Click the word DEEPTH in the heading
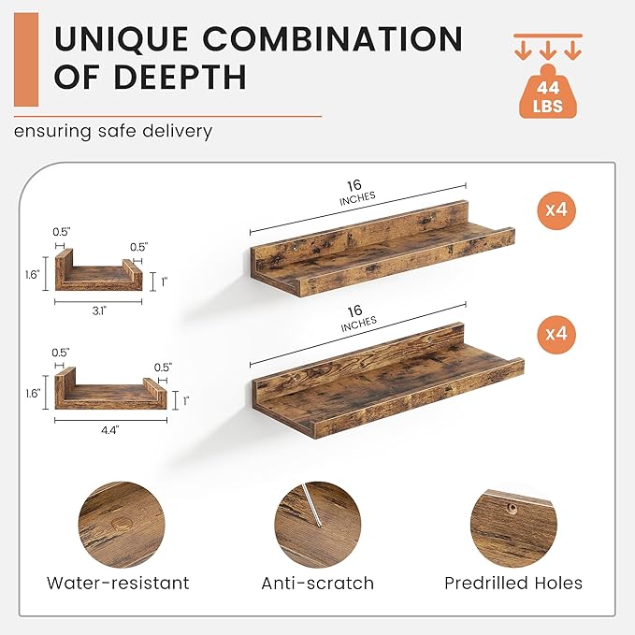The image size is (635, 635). pyautogui.click(x=180, y=76)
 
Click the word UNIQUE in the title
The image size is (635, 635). pyautogui.click(x=121, y=38)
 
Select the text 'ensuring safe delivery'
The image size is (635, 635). pyautogui.click(x=113, y=131)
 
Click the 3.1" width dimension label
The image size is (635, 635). pyautogui.click(x=99, y=311)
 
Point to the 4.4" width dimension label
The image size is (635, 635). pyautogui.click(x=110, y=429)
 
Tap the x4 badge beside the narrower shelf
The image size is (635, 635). pyautogui.click(x=556, y=209)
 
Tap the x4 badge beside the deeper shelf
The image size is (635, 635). pyautogui.click(x=556, y=334)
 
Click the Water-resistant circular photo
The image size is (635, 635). pyautogui.click(x=122, y=525)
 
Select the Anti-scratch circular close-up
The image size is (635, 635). pyautogui.click(x=318, y=525)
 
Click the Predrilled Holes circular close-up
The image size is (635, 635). pyautogui.click(x=513, y=525)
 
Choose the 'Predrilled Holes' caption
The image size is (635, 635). pyautogui.click(x=513, y=584)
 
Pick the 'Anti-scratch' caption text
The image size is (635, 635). pyautogui.click(x=318, y=584)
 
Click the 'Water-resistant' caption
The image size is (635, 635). pyautogui.click(x=118, y=584)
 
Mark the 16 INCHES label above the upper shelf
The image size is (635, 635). pyautogui.click(x=356, y=193)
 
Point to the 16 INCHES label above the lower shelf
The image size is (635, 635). pyautogui.click(x=357, y=318)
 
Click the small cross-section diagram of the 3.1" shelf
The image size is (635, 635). pyautogui.click(x=99, y=269)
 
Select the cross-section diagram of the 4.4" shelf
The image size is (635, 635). pyautogui.click(x=110, y=388)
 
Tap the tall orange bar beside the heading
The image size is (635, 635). pyautogui.click(x=26, y=60)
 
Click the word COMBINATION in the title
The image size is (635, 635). pyautogui.click(x=332, y=38)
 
